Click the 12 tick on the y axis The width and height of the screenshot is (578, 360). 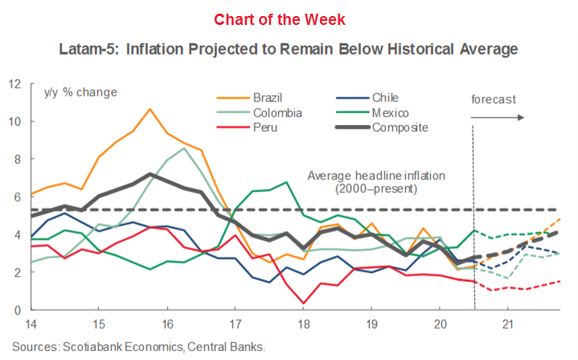(x=14, y=84)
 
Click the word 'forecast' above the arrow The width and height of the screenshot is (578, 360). (x=493, y=100)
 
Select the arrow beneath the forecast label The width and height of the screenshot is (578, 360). (x=498, y=117)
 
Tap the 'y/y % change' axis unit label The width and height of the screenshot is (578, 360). (x=80, y=92)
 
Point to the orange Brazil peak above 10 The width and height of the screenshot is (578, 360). (x=149, y=108)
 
